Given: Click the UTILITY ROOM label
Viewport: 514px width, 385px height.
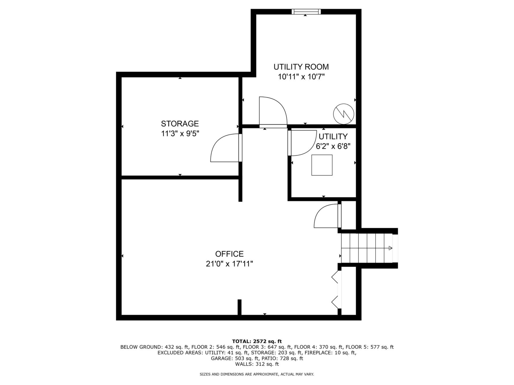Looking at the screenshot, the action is click(x=301, y=67).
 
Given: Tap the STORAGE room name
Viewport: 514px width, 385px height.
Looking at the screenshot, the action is click(x=180, y=124).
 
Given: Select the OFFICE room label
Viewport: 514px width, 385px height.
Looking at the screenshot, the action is click(x=229, y=254).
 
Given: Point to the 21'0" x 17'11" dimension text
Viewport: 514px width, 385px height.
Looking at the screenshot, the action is click(x=229, y=264).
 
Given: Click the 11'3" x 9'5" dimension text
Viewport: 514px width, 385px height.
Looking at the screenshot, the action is click(x=180, y=133).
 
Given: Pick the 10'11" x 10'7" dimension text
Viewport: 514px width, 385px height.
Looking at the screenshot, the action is click(x=301, y=77).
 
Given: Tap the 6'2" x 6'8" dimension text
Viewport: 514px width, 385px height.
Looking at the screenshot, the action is click(x=333, y=146).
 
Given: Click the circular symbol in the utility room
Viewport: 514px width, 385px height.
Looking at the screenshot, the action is click(x=344, y=114).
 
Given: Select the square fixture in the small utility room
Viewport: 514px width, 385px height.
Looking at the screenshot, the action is click(x=322, y=165).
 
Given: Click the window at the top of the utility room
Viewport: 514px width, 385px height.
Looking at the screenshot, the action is click(x=306, y=11).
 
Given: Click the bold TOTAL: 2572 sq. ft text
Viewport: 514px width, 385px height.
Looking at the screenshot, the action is click(x=257, y=341).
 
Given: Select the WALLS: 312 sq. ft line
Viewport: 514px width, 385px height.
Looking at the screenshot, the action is click(x=257, y=364).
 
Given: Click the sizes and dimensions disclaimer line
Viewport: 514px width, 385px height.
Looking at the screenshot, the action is click(x=257, y=374).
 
